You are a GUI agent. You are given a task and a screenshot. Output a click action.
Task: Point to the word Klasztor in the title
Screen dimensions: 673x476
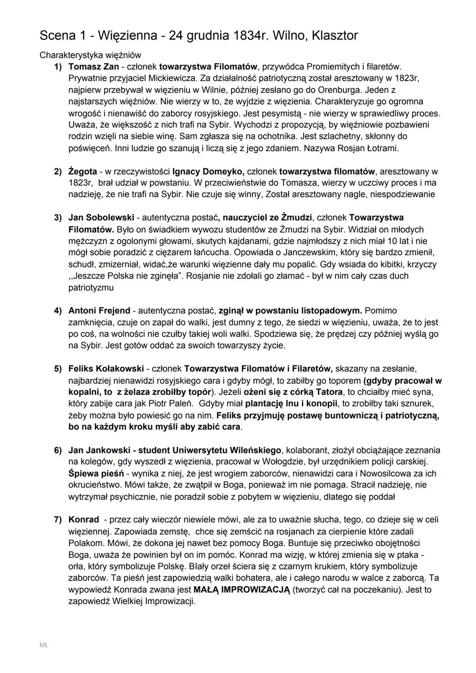click(x=335, y=36)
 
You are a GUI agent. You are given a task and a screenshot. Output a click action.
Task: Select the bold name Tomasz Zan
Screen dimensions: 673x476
click(x=93, y=67)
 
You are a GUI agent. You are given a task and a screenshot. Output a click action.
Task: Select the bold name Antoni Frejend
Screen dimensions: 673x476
click(x=99, y=311)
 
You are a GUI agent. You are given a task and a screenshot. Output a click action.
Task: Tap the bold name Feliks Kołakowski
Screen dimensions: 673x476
click(x=106, y=368)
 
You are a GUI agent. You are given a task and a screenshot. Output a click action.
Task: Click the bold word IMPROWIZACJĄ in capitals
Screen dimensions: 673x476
click(x=255, y=590)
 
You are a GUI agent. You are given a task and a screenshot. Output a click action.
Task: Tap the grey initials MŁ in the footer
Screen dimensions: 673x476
click(x=44, y=645)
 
